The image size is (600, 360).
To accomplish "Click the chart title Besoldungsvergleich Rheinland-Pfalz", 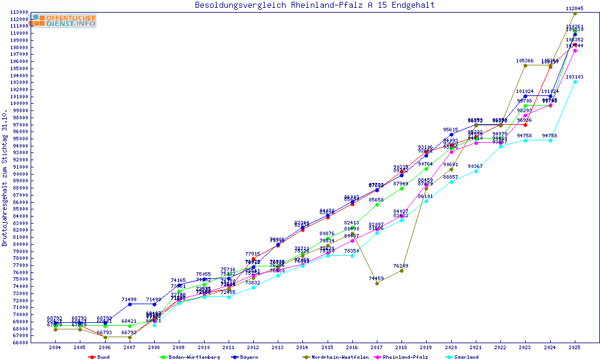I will click(x=314, y=5).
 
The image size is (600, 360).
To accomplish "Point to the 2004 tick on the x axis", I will click(x=55, y=347).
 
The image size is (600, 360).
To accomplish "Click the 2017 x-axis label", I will click(x=377, y=347).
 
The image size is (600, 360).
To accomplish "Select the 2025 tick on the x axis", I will click(x=575, y=347).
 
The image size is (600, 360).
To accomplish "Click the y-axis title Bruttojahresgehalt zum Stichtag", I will click(x=5, y=178).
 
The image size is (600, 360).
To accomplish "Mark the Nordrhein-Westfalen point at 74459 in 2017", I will click(x=377, y=283).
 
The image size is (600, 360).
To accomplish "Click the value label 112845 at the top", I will click(x=575, y=8).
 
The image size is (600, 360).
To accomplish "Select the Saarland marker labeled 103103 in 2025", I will click(x=575, y=82).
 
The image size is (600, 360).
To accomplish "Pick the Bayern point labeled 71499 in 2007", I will click(x=129, y=304).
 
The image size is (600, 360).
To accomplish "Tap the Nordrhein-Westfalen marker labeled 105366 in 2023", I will click(x=525, y=65).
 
